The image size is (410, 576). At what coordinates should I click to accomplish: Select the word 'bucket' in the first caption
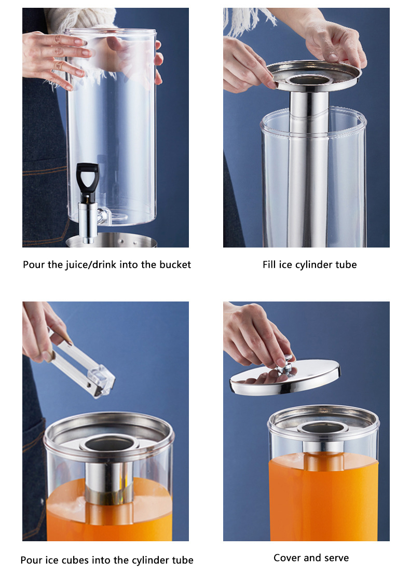(174, 265)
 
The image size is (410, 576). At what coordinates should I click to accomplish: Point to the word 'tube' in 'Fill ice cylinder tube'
(346, 265)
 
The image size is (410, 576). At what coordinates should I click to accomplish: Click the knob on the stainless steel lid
(283, 366)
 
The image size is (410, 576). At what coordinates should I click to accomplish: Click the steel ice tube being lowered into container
(308, 171)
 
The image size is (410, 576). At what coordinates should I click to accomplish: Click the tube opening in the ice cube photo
(110, 444)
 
